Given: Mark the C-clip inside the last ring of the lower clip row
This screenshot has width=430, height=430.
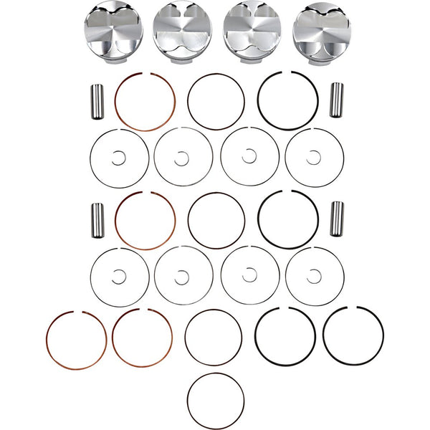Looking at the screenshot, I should (313, 275).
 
